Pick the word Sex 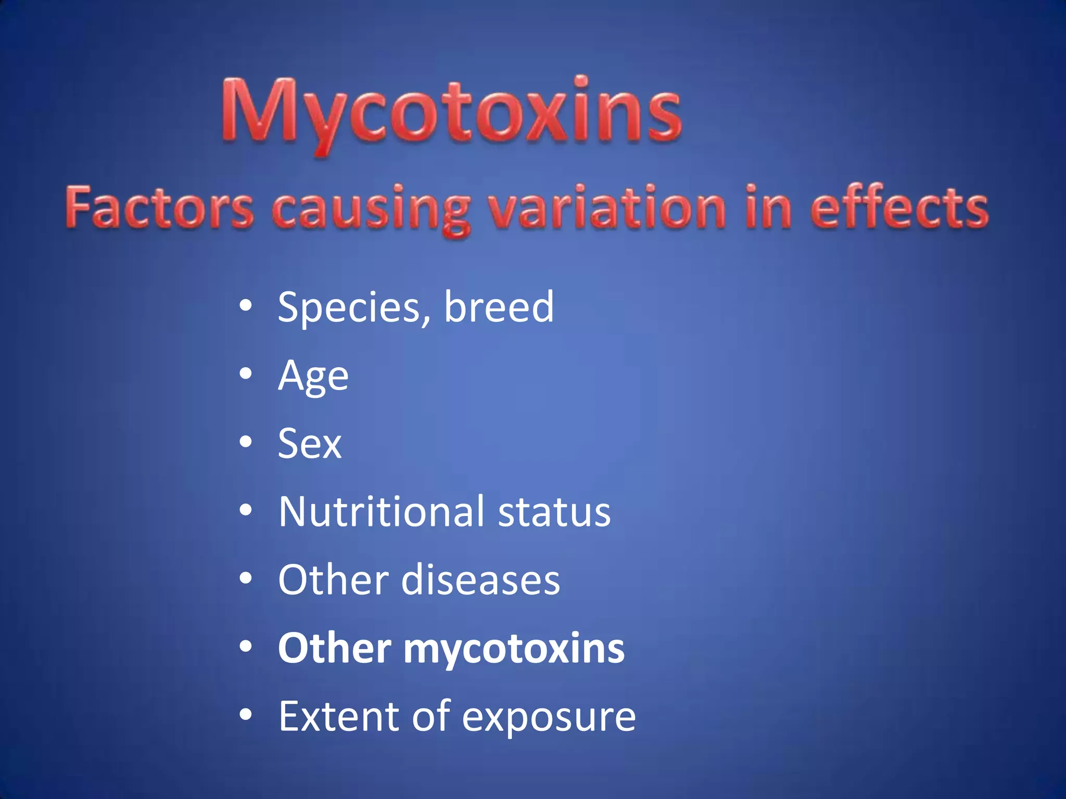pos(309,444)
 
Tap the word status pos(554,513)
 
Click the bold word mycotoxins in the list pos(514,649)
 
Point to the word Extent pos(338,716)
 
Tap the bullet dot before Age pos(246,373)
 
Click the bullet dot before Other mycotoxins pos(246,647)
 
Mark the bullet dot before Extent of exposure pos(246,715)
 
